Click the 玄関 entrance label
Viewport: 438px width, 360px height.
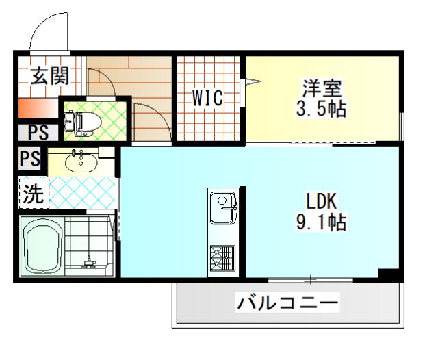tap(49, 76)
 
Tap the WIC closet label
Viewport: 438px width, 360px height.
tap(207, 99)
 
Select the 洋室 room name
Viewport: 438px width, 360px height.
tap(322, 88)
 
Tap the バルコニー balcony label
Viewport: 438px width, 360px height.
tap(287, 302)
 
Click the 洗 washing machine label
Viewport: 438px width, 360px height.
tap(33, 194)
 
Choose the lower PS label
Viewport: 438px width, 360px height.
tap(29, 159)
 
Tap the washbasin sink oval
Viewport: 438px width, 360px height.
tap(81, 162)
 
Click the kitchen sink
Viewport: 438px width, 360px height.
tap(222, 209)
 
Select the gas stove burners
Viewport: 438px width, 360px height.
tap(222, 258)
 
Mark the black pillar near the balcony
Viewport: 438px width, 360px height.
tap(389, 275)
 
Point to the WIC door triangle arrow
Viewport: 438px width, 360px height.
tap(253, 83)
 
